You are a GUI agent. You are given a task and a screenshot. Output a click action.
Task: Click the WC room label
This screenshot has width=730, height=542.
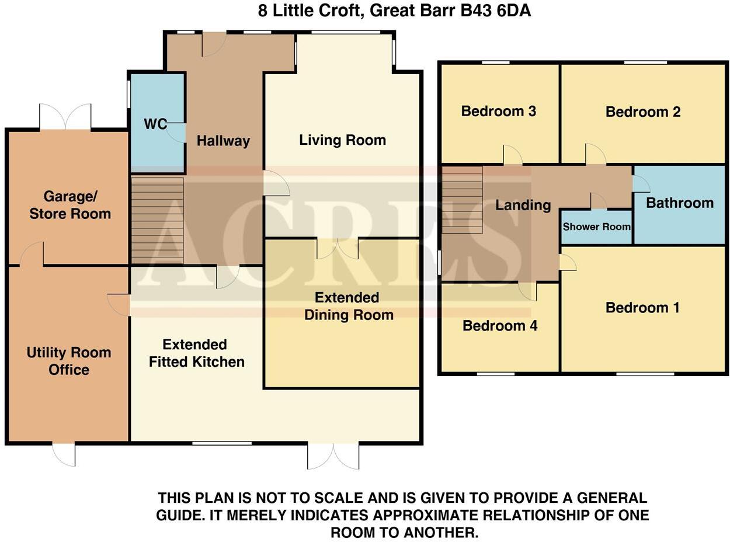155,124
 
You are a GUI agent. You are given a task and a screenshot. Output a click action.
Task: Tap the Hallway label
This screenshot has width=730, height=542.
223,141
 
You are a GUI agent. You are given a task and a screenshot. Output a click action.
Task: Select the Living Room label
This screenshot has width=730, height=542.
342,140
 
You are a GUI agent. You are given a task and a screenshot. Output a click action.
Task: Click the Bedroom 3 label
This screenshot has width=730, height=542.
499,111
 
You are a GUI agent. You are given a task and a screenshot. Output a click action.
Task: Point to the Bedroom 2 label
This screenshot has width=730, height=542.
643,112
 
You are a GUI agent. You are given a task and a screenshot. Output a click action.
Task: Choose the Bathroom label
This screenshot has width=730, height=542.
680,203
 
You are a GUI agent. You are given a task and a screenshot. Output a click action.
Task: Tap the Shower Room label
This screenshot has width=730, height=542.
596,227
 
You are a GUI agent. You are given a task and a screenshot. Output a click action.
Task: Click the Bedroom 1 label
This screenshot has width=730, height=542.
642,308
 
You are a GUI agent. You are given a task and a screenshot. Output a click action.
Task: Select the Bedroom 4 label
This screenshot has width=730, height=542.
500,326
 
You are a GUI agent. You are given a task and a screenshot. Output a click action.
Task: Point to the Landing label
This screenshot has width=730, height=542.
523,205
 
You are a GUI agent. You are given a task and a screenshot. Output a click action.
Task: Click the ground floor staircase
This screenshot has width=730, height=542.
157,221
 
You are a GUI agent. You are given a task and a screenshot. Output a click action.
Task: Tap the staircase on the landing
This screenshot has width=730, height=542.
462,200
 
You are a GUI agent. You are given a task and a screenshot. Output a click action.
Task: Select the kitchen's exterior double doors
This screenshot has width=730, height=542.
333,456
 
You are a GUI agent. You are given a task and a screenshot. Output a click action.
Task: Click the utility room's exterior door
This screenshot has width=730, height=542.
64,454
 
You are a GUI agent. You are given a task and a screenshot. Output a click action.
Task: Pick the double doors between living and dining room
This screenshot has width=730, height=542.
338,248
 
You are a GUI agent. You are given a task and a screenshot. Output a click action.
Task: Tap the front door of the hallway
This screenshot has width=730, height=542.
213,44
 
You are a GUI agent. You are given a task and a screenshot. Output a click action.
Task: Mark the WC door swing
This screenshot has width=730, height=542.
176,133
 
